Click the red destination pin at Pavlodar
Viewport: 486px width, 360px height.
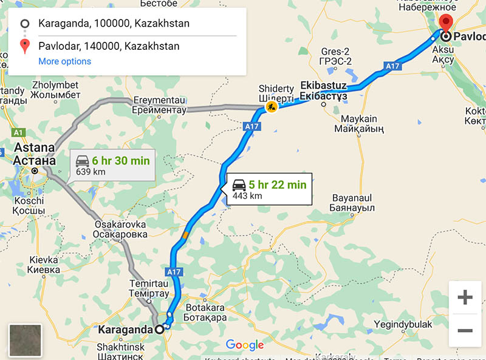point(447,23)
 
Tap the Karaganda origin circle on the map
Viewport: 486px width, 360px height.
point(160,330)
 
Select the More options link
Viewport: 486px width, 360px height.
point(64,61)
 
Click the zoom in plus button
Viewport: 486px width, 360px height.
point(465,297)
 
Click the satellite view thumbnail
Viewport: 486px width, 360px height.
point(25,340)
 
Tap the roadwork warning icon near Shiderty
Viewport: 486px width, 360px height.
point(271,107)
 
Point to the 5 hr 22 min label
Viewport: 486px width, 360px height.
point(277,185)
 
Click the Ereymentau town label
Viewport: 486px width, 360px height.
point(159,105)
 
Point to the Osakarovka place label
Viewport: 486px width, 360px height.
point(121,229)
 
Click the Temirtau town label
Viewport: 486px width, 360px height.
point(149,287)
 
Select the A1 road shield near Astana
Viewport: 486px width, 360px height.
point(18,132)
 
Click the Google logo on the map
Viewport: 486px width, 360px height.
point(244,345)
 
